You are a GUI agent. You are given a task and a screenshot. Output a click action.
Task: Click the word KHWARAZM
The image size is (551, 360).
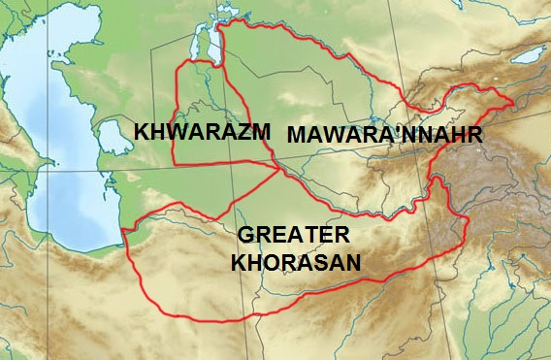point(201,132)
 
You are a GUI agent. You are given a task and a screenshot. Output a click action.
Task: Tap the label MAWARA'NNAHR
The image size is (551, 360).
point(383,135)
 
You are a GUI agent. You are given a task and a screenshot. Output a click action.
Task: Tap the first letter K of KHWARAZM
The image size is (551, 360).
point(142,132)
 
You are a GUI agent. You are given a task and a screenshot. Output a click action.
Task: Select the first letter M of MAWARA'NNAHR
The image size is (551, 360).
point(295,135)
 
